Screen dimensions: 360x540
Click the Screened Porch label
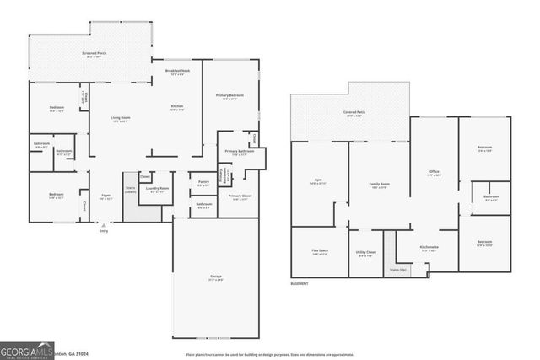click(94, 53)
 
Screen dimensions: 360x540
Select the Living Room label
click(121, 117)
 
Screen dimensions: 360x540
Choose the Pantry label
click(203, 182)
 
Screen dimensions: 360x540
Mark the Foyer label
click(105, 196)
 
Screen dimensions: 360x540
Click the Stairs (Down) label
click(130, 190)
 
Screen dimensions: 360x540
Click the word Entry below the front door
click(103, 229)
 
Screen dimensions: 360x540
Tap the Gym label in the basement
click(318, 180)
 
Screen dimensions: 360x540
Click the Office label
click(434, 173)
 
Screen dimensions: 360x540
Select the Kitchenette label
click(429, 247)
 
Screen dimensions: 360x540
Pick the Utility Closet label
click(365, 252)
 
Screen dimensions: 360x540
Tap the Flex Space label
click(318, 251)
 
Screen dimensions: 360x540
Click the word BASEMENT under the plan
click(300, 283)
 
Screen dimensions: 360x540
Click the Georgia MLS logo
click(27, 350)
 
